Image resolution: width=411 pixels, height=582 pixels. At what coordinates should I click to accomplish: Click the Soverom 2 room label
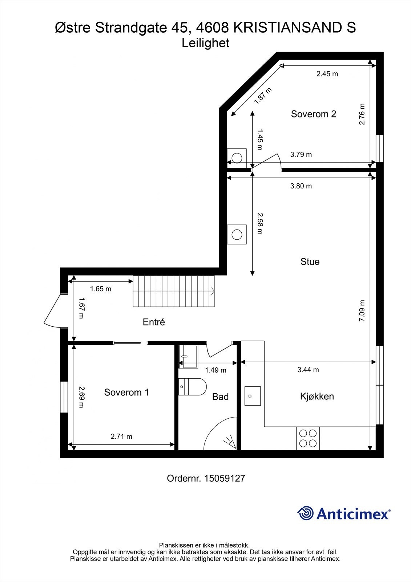click(313, 114)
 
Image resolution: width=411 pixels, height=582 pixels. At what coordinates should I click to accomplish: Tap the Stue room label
click(310, 262)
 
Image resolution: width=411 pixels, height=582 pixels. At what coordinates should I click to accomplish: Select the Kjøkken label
click(317, 396)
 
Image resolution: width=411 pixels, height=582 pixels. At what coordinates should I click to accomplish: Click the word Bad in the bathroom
click(220, 396)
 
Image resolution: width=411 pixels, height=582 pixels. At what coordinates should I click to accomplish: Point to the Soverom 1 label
click(126, 392)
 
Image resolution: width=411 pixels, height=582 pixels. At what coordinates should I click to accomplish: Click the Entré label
click(154, 322)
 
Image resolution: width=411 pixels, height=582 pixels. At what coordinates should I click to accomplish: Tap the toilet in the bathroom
click(193, 387)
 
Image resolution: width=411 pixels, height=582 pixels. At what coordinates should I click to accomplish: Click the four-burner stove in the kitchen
click(308, 438)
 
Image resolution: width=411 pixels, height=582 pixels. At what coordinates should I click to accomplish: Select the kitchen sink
click(252, 396)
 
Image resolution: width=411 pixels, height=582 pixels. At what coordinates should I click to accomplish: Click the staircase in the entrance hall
click(174, 291)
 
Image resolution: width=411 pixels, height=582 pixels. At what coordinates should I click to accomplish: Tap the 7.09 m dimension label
click(362, 310)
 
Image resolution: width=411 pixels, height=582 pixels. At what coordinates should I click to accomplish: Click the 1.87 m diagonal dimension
click(262, 96)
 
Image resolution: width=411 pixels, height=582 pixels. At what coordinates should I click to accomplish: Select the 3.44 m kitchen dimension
click(308, 370)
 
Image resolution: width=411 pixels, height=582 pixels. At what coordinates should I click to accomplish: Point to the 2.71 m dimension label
click(121, 436)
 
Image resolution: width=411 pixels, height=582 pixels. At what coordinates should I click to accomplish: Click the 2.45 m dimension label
click(327, 73)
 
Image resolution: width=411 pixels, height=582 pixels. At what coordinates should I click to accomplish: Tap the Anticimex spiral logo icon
click(305, 513)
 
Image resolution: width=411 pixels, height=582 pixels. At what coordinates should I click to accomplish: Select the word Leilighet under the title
click(205, 43)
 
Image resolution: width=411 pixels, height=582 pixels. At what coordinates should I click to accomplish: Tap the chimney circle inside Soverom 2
click(237, 158)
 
